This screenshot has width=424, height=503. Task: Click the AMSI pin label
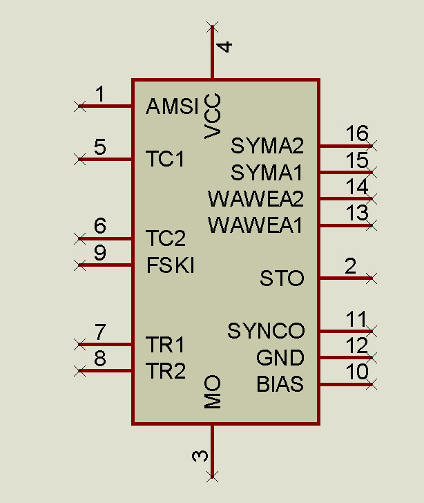(x=172, y=106)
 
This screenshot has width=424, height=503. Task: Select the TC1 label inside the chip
(x=166, y=159)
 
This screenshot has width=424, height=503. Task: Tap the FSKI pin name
(x=170, y=265)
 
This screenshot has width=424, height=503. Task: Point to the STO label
(x=282, y=278)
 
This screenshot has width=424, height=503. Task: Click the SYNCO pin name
(x=266, y=331)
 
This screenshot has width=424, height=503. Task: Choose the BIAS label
(x=280, y=384)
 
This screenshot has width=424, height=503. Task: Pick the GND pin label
(x=280, y=358)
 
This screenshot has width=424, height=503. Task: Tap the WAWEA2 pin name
(x=256, y=199)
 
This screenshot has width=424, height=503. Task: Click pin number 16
(x=357, y=133)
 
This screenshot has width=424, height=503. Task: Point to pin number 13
(x=357, y=213)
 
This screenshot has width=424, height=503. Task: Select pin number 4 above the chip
(x=225, y=47)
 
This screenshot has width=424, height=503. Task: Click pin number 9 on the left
(x=100, y=252)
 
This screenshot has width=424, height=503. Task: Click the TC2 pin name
(x=166, y=239)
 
